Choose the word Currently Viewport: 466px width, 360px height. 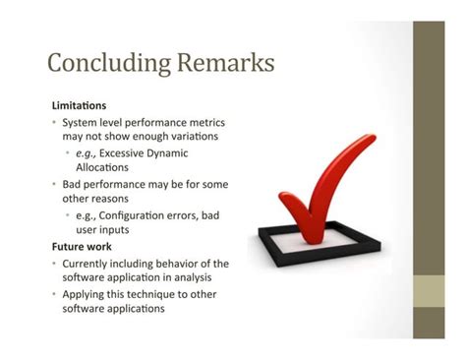89,263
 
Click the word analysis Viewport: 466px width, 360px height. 188,278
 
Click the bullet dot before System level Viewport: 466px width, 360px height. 55,122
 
